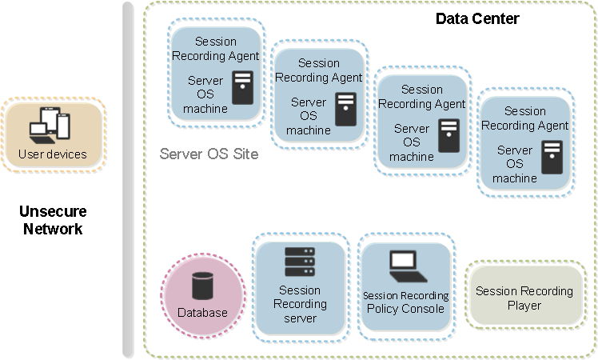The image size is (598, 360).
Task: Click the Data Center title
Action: point(477,18)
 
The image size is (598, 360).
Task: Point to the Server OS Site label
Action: point(209,153)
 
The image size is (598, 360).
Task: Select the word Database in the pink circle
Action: point(202,312)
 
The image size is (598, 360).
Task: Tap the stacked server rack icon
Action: point(300,262)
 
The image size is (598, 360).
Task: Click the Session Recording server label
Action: point(300,304)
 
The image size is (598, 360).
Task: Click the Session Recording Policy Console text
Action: point(404,302)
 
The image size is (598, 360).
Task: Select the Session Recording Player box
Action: point(524,298)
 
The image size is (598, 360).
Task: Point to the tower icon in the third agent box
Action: point(448,135)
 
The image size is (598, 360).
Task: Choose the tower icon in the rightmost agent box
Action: point(552,157)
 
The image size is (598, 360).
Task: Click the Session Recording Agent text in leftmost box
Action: point(216,49)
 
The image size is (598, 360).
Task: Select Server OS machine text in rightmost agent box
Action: point(515,164)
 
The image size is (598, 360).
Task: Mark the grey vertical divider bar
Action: point(128,180)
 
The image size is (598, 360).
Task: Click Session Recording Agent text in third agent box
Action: point(421,97)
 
